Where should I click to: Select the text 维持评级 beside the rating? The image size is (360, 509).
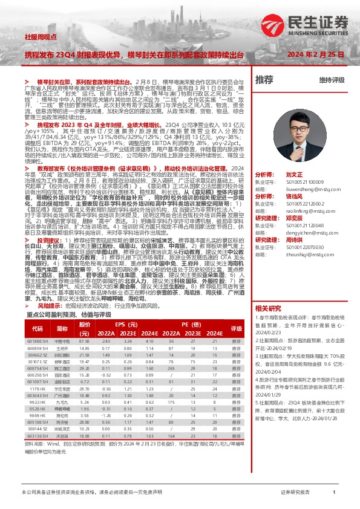tap(332, 80)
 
